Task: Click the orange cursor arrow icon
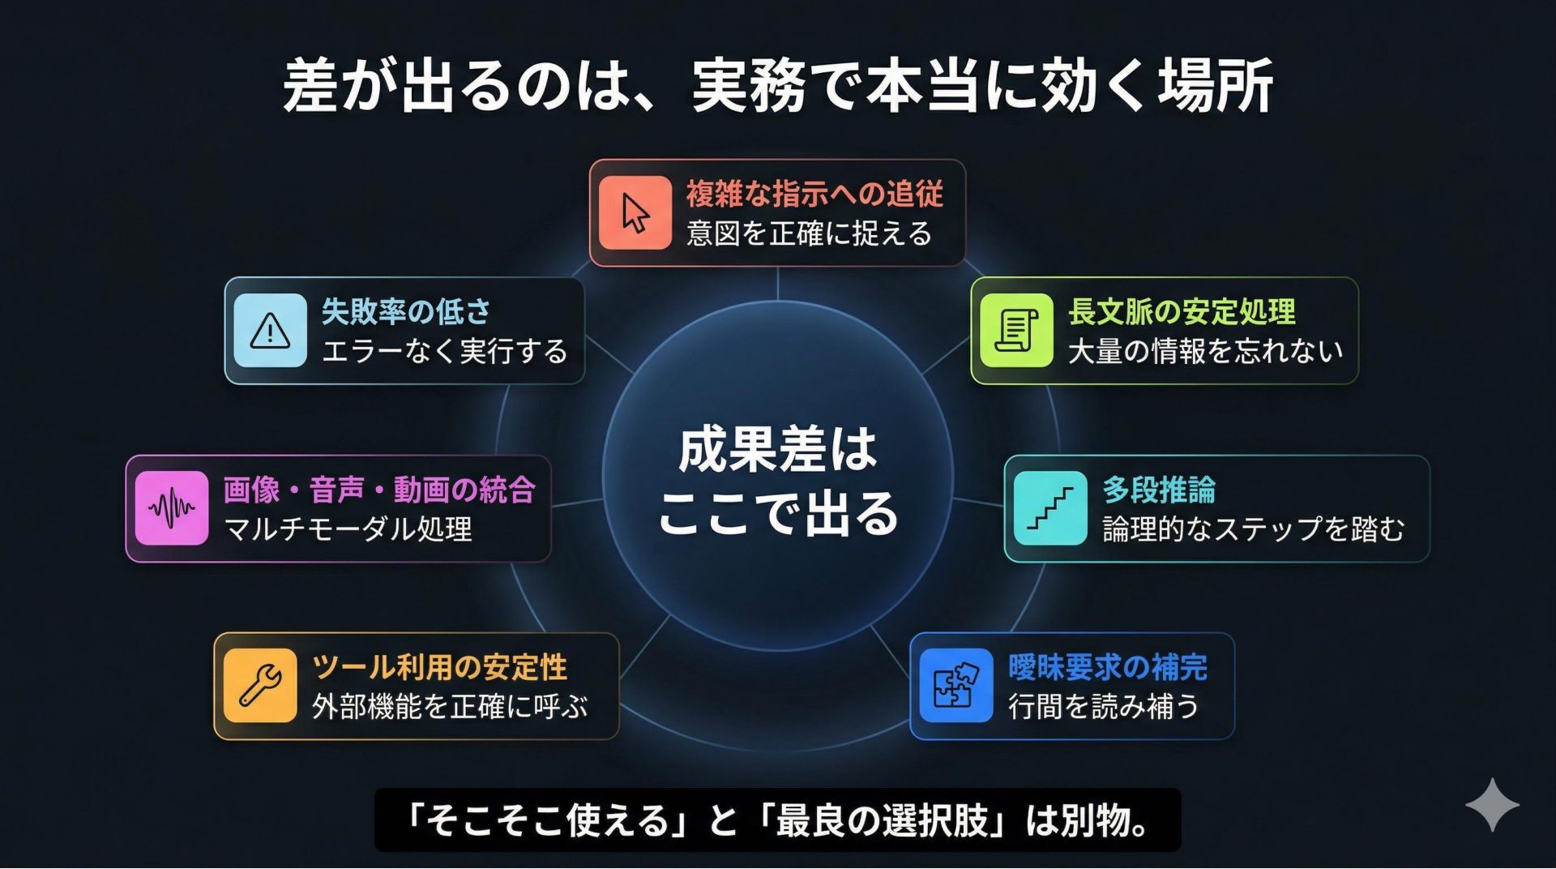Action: pos(635,213)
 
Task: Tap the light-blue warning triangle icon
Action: pos(270,331)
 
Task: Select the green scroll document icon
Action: pos(1016,331)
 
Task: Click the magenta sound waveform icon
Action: pos(172,508)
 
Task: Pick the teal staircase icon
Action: pos(1050,508)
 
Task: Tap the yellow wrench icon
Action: pos(260,686)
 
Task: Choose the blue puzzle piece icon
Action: pos(956,686)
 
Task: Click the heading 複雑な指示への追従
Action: pos(814,195)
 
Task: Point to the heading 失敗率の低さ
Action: pos(406,311)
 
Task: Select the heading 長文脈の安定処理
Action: pos(1182,311)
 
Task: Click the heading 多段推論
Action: pos(1159,490)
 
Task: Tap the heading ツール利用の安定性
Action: pos(439,667)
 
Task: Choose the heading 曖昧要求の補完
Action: pos(1108,667)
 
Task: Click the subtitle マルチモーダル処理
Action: pos(348,529)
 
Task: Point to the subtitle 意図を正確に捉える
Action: pos(810,233)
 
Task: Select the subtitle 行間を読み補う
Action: pos(1103,707)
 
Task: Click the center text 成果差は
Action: pos(777,450)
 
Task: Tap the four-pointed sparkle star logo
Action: pos(1492,805)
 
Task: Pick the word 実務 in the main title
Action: pos(749,85)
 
